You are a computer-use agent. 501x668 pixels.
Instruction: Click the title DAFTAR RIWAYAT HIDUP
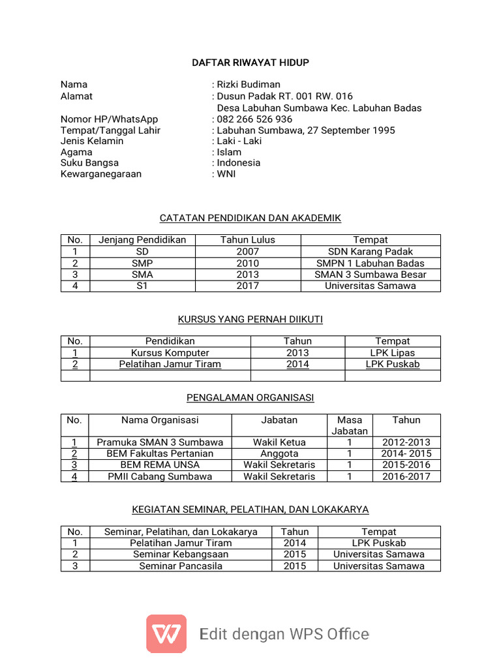tap(250, 63)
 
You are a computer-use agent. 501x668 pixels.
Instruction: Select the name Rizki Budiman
tap(249, 84)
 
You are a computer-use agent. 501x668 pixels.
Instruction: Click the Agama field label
tap(76, 152)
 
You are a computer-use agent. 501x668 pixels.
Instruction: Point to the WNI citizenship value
tap(226, 174)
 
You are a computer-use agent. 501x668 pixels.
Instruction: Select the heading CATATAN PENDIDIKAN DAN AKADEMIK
tap(250, 218)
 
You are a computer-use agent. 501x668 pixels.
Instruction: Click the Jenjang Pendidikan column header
tap(142, 240)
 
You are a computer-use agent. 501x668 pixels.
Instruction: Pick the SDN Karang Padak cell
tap(370, 252)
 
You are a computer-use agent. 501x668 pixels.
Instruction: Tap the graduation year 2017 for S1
tap(247, 286)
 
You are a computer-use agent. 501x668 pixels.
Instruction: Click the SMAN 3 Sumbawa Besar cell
tap(370, 275)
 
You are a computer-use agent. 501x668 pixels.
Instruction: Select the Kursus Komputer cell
tap(170, 353)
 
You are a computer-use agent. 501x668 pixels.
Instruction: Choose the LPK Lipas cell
tap(392, 353)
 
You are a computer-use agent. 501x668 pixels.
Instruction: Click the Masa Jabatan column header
tap(350, 425)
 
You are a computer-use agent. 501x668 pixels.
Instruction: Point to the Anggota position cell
tap(279, 453)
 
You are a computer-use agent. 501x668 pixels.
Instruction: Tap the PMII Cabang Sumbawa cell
tap(160, 476)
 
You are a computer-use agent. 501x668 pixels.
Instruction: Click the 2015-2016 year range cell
tap(406, 465)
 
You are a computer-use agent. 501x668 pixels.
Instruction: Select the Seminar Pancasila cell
tap(180, 566)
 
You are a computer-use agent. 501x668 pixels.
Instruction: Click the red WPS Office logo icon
tap(166, 633)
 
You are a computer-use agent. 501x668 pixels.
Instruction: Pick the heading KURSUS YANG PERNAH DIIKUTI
tap(250, 319)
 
